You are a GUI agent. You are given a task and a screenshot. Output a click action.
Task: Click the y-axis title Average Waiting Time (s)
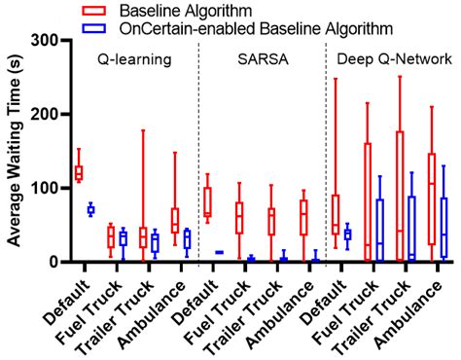click(x=14, y=151)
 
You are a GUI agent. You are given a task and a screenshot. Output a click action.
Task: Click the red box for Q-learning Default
click(x=79, y=172)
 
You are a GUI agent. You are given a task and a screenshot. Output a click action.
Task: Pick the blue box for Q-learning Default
click(x=90, y=209)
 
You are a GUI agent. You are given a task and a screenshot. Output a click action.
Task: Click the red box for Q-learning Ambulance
click(x=175, y=220)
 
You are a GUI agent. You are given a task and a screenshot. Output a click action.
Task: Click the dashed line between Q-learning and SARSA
click(x=198, y=156)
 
